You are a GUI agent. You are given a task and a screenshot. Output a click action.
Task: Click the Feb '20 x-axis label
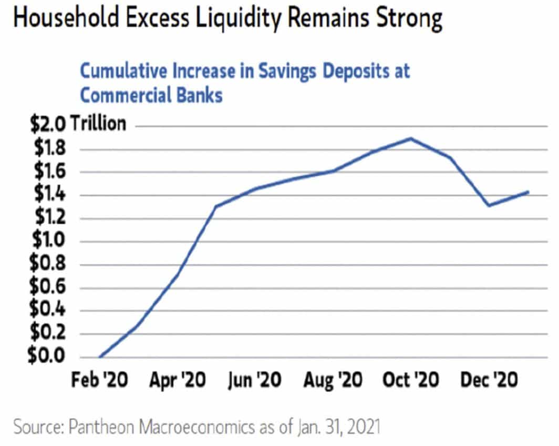[x=99, y=380]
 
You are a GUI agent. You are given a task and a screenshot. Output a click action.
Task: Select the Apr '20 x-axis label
[x=178, y=380]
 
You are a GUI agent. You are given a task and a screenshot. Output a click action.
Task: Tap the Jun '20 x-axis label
[x=255, y=380]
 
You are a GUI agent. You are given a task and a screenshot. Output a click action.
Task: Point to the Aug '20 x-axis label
[x=333, y=380]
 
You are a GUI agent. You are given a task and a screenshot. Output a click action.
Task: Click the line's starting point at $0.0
[x=99, y=357]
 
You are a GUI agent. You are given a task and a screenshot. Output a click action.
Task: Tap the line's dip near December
[x=489, y=206]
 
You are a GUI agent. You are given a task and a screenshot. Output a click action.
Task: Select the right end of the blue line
[x=528, y=192]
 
